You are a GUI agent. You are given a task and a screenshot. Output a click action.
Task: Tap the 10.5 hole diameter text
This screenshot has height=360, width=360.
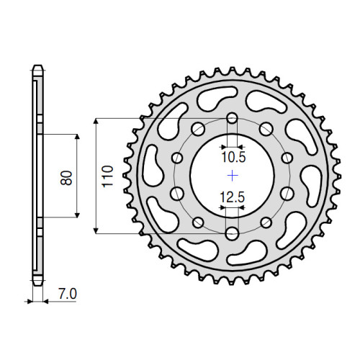(x=232, y=155)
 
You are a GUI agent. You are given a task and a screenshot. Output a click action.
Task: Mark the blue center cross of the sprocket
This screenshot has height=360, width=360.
(x=232, y=176)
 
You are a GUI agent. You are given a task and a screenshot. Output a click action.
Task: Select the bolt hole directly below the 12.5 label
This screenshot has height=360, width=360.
(x=232, y=233)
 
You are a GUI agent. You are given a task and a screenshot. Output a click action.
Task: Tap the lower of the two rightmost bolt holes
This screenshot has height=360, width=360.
(x=288, y=192)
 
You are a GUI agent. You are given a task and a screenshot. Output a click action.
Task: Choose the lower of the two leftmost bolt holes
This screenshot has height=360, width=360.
(x=175, y=192)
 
